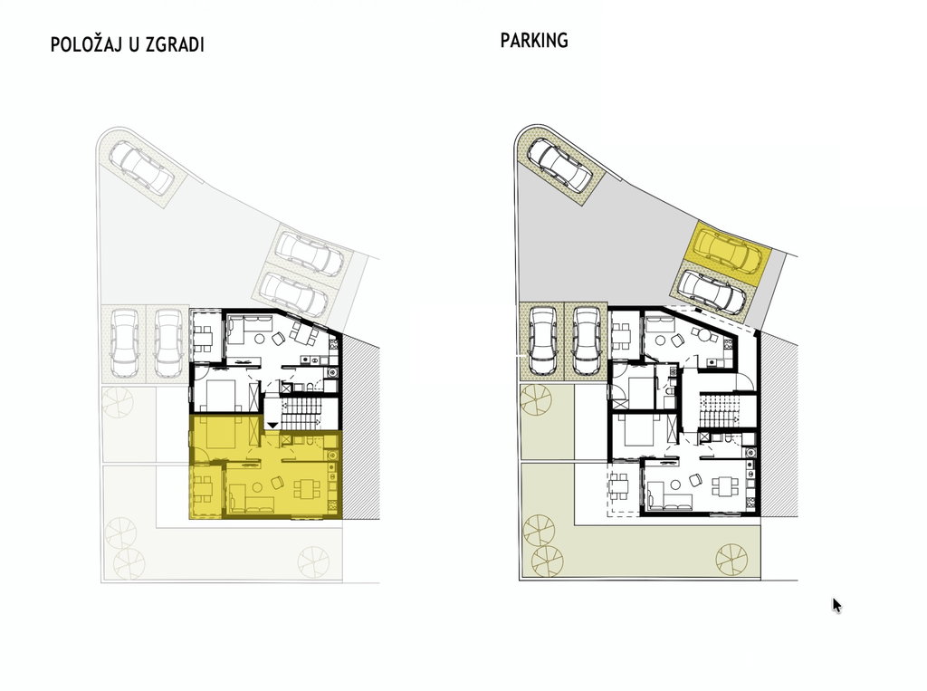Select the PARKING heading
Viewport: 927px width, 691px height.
pos(534,40)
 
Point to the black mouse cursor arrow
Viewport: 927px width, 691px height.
pos(836,605)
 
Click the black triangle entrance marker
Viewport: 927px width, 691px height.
pos(272,424)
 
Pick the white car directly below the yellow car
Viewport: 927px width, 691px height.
pos(712,292)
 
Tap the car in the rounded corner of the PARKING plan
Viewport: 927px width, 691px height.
pos(559,165)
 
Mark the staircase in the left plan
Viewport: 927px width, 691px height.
pos(301,413)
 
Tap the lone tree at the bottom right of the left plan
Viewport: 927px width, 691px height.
pos(313,561)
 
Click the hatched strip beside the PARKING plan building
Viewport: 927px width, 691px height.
pos(779,424)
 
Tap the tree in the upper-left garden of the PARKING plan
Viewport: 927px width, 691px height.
pos(535,399)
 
